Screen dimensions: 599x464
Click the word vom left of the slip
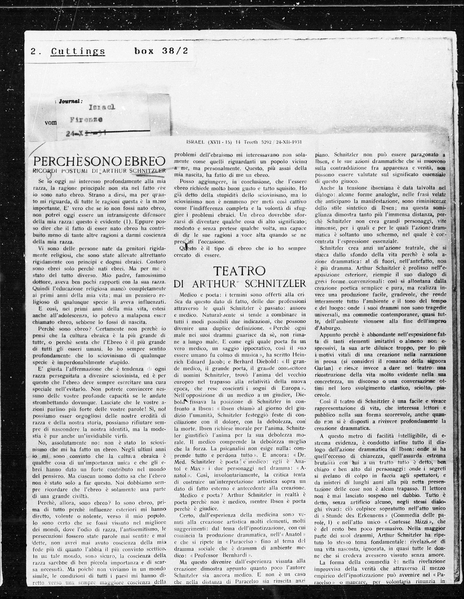click(50, 123)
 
